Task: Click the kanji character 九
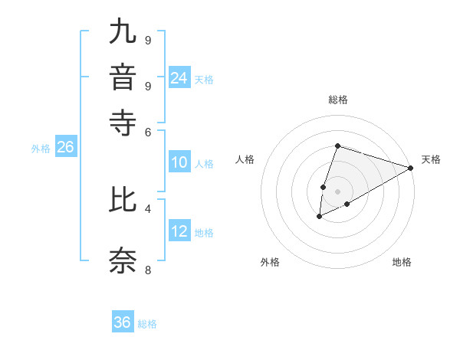123,34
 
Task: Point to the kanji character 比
123,201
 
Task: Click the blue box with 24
179,77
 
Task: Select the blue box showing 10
179,162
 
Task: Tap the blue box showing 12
179,231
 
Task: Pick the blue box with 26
65,148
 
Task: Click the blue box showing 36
123,322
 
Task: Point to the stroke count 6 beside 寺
147,132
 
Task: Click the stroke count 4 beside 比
147,208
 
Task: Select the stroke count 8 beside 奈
147,270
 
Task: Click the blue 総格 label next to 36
147,323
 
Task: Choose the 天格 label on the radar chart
431,159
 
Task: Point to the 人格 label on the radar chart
245,159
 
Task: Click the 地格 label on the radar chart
402,262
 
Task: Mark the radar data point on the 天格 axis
410,168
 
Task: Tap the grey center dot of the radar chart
337,191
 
